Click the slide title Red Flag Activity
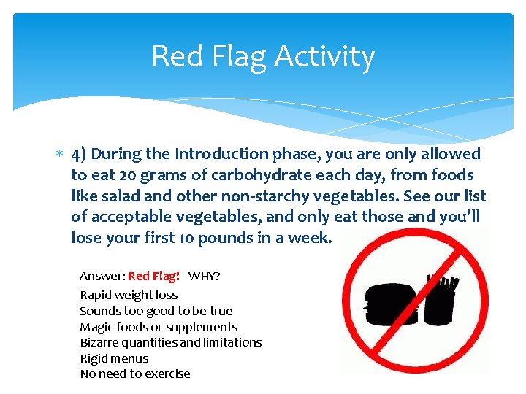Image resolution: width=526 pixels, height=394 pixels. pyautogui.click(x=262, y=56)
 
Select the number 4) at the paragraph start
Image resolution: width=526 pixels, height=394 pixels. pyautogui.click(x=79, y=154)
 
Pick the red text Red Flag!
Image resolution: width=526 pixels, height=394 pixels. pyautogui.click(x=153, y=277)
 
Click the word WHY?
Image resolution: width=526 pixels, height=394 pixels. pyautogui.click(x=205, y=277)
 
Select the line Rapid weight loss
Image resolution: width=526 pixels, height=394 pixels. pyautogui.click(x=129, y=295)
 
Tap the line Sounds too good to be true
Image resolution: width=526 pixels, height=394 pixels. pyautogui.click(x=156, y=311)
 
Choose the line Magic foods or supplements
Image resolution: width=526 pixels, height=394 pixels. pyautogui.click(x=159, y=327)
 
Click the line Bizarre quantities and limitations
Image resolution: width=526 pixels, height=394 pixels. pyautogui.click(x=170, y=342)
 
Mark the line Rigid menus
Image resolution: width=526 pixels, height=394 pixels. pyautogui.click(x=114, y=358)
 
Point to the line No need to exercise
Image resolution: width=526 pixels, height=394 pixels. pyautogui.click(x=134, y=374)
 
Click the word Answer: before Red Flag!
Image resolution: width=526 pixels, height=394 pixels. pyautogui.click(x=102, y=277)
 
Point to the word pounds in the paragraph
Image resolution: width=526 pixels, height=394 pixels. pyautogui.click(x=226, y=239)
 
